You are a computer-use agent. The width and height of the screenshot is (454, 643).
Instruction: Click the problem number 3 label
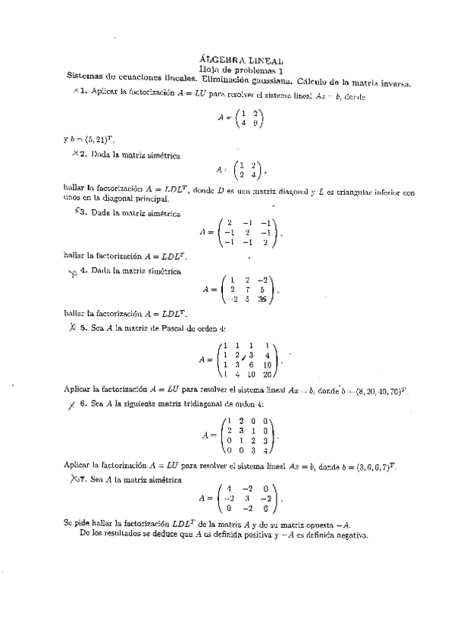tap(84, 213)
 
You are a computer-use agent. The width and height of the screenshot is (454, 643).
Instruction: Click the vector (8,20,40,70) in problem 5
tap(380, 392)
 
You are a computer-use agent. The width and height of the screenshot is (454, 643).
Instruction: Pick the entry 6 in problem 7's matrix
tap(265, 509)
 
